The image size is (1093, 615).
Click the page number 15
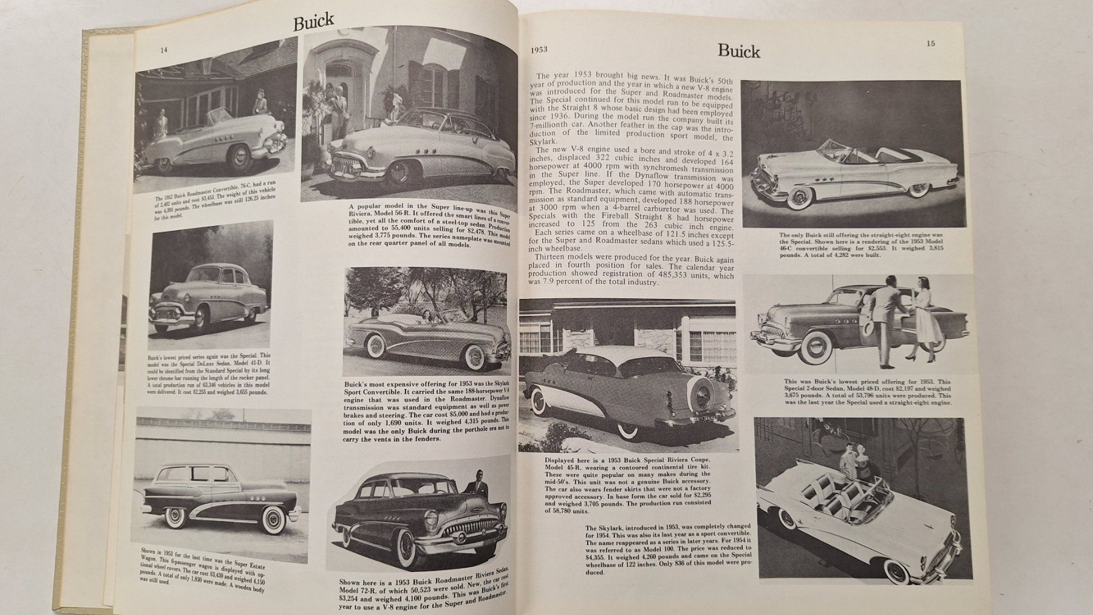[930, 43]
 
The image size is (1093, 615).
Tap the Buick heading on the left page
[313, 22]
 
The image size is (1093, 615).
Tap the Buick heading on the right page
[738, 51]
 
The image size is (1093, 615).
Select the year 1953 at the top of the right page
[539, 50]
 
